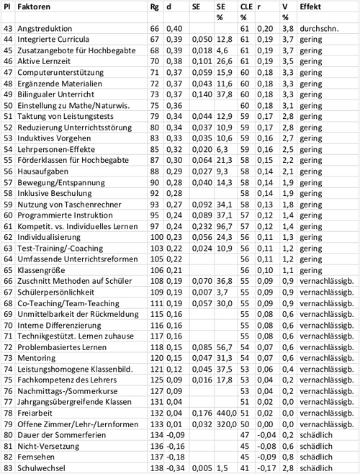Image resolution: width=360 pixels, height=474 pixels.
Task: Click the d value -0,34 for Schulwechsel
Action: pyautogui.click(x=175, y=468)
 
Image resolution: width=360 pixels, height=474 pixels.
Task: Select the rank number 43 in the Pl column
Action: pyautogui.click(x=9, y=28)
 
